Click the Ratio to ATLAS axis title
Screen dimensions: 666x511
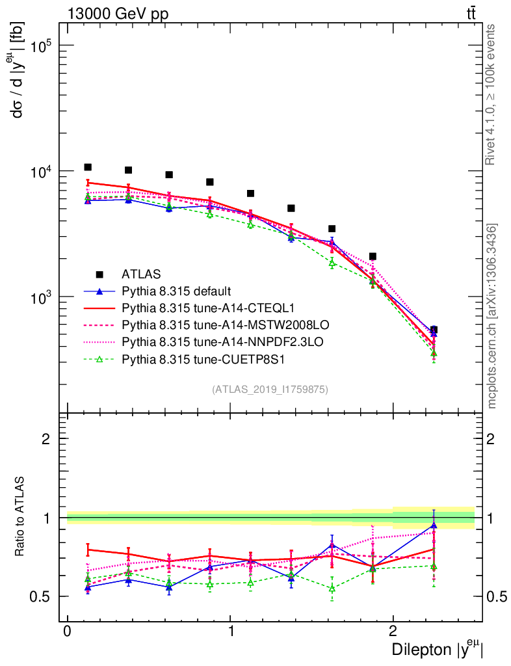[21, 517]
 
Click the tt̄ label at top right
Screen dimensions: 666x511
[471, 14]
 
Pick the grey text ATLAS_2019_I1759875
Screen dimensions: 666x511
[270, 390]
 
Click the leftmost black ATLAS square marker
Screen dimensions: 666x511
[88, 167]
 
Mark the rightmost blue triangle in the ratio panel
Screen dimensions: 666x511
[434, 524]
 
